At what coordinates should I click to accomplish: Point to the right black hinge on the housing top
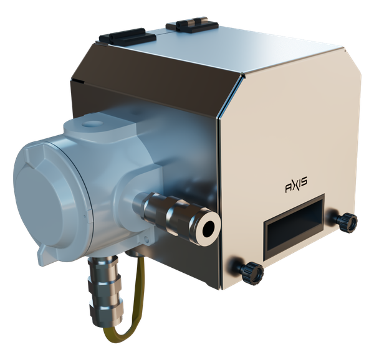[x=194, y=24]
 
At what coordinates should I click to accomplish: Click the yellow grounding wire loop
[x=134, y=311]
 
